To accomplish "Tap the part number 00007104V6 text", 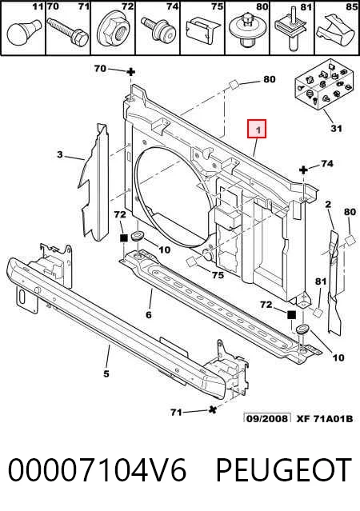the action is point(97,470).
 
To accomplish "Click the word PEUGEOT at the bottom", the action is point(284,470).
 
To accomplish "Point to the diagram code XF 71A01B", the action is point(325,418).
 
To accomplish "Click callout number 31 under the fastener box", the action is point(336,128).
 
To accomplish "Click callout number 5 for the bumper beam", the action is point(106,373).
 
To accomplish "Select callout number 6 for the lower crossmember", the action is point(149,315).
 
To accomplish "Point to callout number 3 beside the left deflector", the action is point(60,154).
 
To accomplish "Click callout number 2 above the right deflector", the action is point(328,205).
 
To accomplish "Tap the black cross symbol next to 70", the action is point(130,72).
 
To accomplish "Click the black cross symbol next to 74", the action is point(303,170).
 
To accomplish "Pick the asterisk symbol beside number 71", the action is point(213,410).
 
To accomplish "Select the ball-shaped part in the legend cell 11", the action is point(23,32).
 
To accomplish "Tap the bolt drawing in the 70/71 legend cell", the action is point(68,32).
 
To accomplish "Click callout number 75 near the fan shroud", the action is point(218,275).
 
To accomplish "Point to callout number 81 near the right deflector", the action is point(321,281).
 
